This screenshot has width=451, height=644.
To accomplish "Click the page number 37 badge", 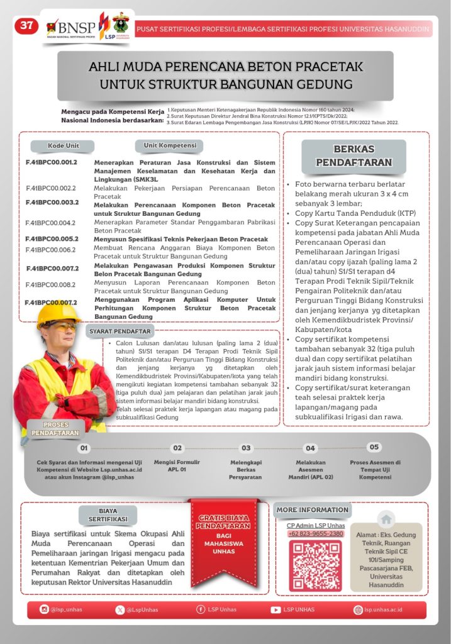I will (x=26, y=26).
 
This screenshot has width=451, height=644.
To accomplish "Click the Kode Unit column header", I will (x=64, y=146).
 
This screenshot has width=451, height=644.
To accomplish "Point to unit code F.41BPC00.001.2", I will (x=52, y=162).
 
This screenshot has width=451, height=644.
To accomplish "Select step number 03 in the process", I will (x=246, y=448).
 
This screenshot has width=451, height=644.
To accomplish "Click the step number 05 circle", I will (x=374, y=447).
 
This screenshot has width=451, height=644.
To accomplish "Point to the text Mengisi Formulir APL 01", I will (x=177, y=465).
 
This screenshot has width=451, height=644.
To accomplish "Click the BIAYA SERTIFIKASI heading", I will (x=108, y=515).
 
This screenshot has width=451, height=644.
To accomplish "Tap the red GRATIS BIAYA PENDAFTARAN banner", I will (x=225, y=535).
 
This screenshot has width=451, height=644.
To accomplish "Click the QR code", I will (x=316, y=565).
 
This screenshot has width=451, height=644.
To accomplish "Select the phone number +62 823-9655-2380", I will (x=316, y=533).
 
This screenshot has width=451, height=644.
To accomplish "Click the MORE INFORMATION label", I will (x=313, y=509).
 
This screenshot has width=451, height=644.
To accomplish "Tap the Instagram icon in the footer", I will (x=44, y=609).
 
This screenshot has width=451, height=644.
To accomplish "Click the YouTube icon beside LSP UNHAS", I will (x=276, y=609).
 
